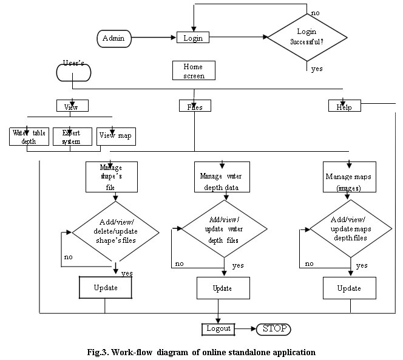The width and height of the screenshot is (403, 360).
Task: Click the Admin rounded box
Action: pyautogui.click(x=114, y=38)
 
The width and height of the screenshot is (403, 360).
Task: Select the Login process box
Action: pyautogui.click(x=192, y=38)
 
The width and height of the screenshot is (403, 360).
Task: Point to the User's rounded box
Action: pyautogui.click(x=73, y=72)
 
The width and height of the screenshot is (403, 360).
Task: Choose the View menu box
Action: pyautogui.click(x=72, y=106)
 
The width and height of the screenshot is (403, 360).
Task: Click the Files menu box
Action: pyautogui.click(x=194, y=106)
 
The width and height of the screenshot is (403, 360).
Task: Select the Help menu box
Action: pyautogui.click(x=344, y=106)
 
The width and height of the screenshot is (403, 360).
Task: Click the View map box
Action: pyautogui.click(x=115, y=137)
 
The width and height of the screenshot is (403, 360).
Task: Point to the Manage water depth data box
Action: pyautogui.click(x=224, y=177)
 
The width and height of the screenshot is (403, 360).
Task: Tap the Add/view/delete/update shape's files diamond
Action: pyautogui.click(x=115, y=233)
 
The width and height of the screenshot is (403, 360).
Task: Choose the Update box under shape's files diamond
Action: pyautogui.click(x=105, y=287)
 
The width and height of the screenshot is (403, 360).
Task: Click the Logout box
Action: pyautogui.click(x=218, y=328)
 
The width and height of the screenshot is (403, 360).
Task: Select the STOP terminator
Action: pyautogui.click(x=273, y=328)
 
